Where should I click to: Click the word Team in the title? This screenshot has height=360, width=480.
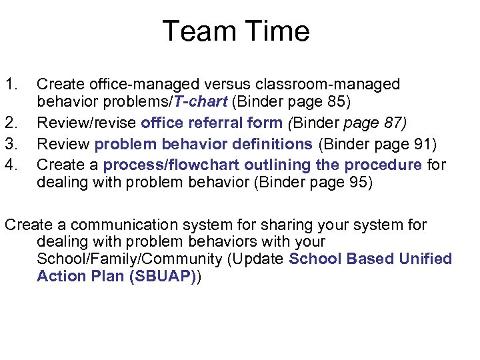point(194,32)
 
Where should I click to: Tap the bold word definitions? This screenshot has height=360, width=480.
point(271,144)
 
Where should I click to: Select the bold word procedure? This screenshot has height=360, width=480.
point(379,164)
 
